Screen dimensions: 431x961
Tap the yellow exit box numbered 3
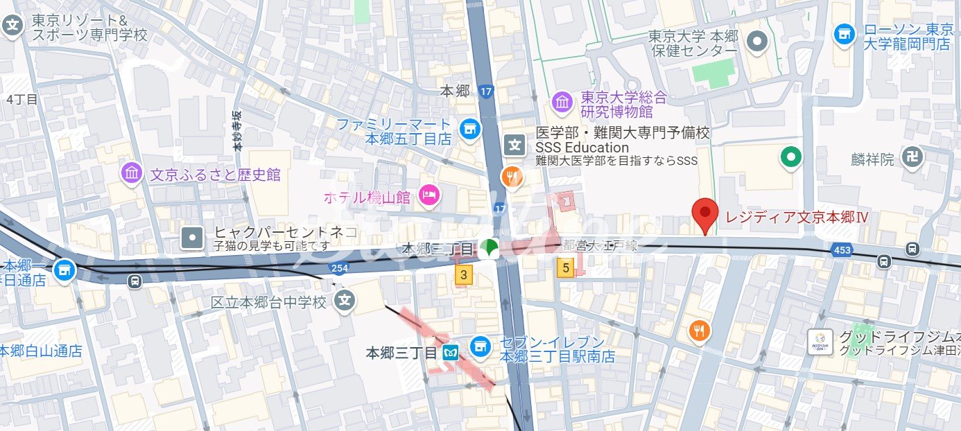[x=463, y=275]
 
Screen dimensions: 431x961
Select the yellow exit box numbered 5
[x=566, y=267]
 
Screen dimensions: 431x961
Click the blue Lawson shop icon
[x=845, y=34]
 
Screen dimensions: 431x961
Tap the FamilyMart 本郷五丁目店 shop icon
[x=469, y=128]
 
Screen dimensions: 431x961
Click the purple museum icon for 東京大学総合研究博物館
[x=562, y=103]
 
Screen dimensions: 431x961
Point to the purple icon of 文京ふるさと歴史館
[x=131, y=174]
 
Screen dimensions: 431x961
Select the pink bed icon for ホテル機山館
[x=430, y=196]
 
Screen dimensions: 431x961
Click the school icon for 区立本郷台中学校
[x=345, y=301]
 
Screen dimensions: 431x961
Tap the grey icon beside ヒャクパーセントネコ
[x=192, y=238]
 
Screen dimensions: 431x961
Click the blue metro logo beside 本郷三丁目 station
[x=450, y=353]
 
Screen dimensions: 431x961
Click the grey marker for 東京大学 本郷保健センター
[x=757, y=42]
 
